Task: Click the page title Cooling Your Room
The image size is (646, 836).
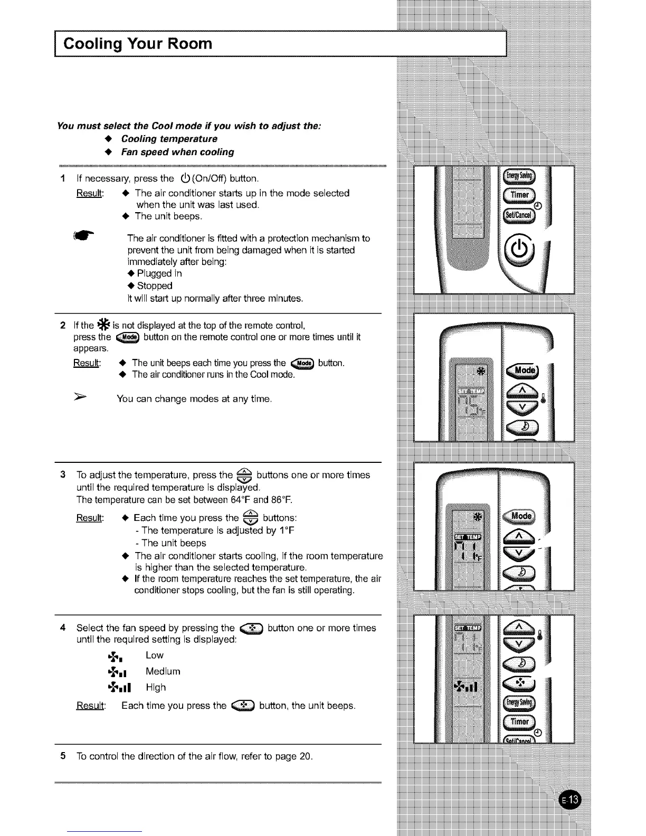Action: pos(137,43)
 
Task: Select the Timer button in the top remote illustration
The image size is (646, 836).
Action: pos(519,195)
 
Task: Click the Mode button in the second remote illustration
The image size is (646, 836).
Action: pos(522,370)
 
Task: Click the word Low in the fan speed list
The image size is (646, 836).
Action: pos(155,655)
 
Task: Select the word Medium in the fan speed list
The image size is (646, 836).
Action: pos(163,671)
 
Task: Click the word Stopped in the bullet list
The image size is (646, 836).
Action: pos(154,286)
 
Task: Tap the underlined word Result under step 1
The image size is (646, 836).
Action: pos(90,193)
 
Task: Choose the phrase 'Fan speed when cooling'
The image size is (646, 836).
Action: pos(177,152)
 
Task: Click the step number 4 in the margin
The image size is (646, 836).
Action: pos(63,628)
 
